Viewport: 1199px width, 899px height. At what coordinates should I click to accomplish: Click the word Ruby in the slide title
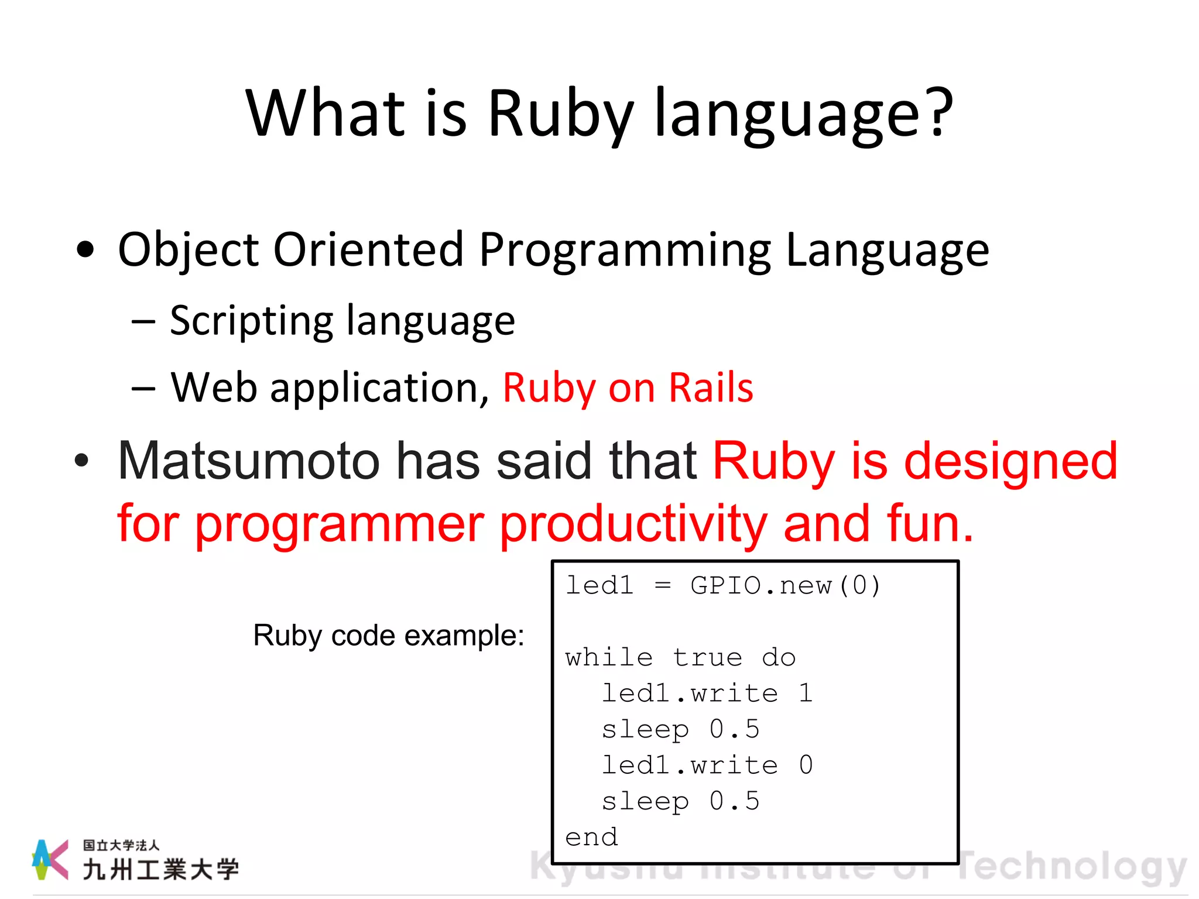[560, 114]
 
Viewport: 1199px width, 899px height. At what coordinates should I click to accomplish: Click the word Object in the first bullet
[187, 251]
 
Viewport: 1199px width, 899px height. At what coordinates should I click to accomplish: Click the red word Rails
[711, 388]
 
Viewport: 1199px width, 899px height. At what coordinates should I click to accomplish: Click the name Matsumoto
[249, 461]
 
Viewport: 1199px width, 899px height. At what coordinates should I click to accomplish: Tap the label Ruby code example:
[388, 636]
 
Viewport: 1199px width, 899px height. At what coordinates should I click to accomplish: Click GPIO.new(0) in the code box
[785, 586]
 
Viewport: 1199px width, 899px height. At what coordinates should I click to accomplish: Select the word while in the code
[609, 658]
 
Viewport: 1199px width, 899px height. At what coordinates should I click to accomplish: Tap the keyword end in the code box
[591, 838]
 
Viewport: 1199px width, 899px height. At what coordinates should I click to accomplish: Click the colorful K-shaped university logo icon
[50, 859]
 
